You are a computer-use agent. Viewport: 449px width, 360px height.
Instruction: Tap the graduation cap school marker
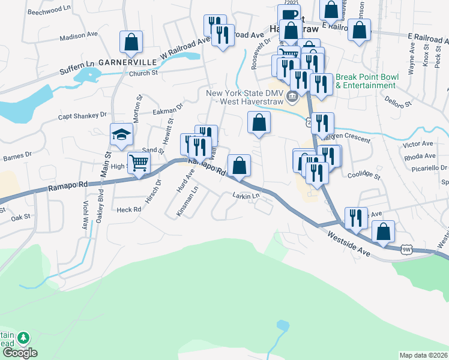121,135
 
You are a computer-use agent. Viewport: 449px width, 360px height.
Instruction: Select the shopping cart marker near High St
139,162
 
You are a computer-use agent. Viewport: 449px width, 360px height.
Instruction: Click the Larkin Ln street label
247,196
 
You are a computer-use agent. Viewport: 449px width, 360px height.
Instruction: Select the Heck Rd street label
128,209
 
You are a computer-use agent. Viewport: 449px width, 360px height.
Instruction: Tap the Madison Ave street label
79,35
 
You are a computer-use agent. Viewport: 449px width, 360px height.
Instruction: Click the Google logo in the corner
20,353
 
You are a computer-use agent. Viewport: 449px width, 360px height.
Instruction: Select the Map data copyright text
423,355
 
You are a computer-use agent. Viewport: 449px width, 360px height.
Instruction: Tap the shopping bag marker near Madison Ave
131,42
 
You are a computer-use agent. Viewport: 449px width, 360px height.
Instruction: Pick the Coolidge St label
364,176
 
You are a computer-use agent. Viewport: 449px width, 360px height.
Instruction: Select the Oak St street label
20,217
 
